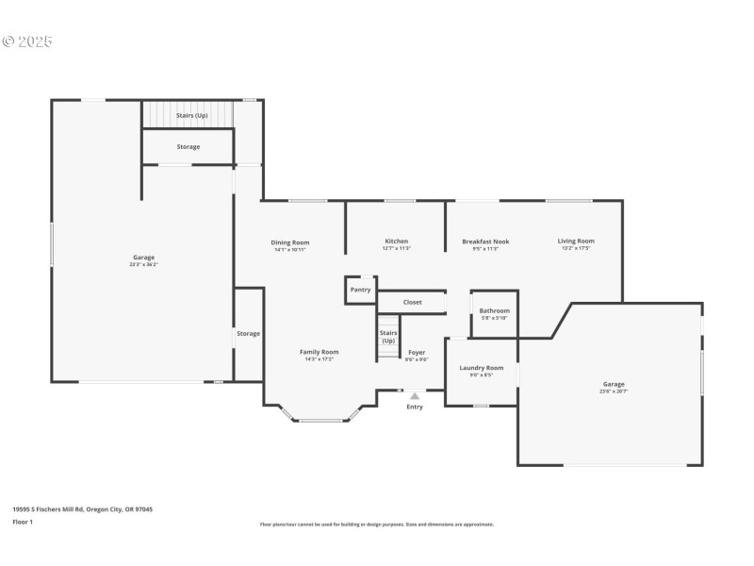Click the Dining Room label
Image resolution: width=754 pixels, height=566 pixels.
coord(291,242)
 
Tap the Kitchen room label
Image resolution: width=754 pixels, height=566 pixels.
coord(396,241)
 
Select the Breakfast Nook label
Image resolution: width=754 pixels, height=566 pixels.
coord(485,241)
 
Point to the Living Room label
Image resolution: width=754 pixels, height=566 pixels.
coord(576,241)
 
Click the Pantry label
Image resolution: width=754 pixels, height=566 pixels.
coord(360,290)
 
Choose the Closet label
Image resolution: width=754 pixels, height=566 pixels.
coord(413,302)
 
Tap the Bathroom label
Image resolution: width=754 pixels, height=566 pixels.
coord(494,310)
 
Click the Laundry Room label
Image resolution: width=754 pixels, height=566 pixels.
coord(481,368)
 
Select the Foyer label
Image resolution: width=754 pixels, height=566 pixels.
coord(417,353)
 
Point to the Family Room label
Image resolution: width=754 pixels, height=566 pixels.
coord(319,352)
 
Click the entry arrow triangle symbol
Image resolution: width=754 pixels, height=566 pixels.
coord(415,396)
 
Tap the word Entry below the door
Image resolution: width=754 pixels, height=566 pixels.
coord(415,407)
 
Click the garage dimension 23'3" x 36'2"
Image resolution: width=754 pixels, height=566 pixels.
coord(143,264)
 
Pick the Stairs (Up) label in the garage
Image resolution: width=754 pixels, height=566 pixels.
coord(191,115)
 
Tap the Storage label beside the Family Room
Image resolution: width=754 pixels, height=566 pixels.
coord(248,333)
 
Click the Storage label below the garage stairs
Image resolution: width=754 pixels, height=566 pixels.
coord(188,146)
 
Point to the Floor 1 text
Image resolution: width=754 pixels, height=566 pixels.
coord(23,521)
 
